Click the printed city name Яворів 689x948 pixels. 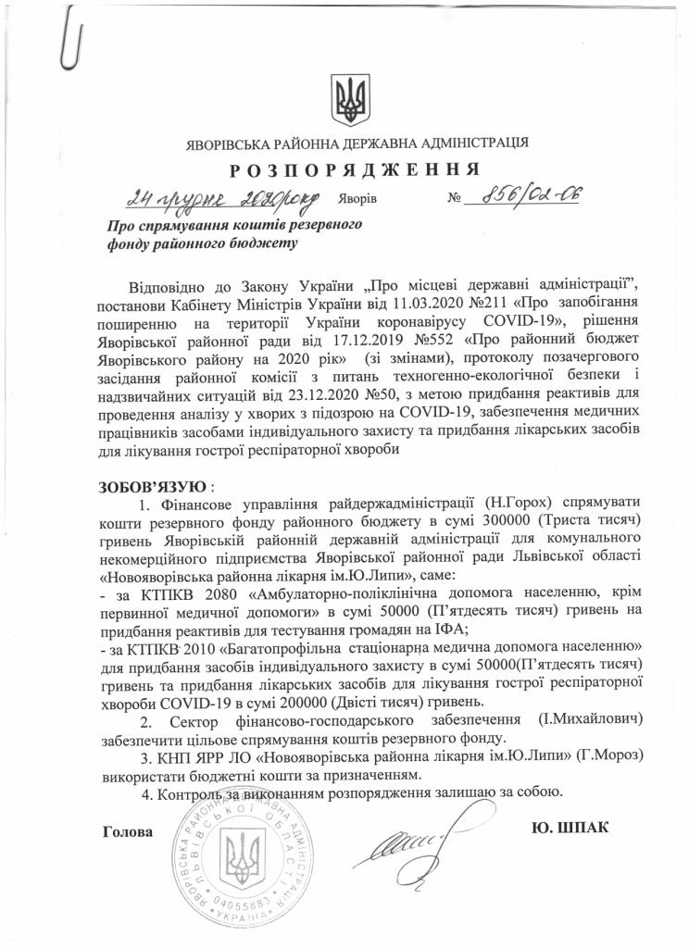click(357, 200)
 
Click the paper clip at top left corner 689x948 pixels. click(66, 41)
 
